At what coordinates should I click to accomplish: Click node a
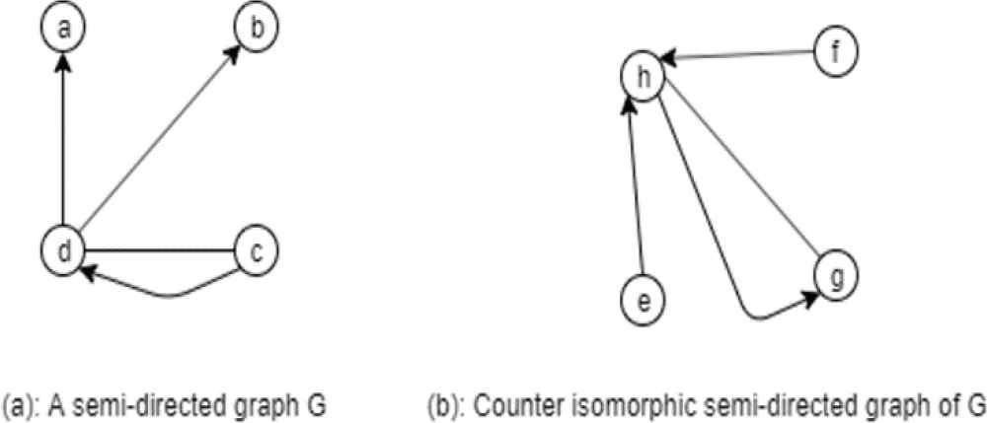point(63,28)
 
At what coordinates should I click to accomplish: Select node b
point(257,28)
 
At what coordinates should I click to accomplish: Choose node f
point(836,50)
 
